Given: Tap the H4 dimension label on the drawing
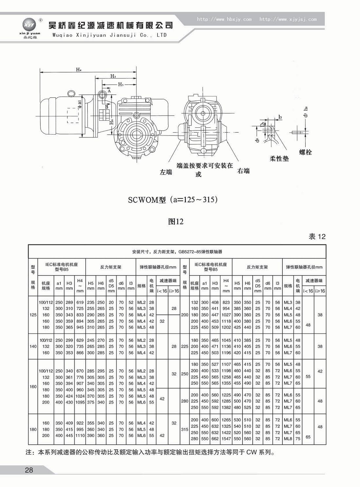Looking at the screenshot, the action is (79, 70).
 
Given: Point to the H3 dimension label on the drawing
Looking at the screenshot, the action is (113, 76).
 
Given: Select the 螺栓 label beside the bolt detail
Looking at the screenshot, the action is (305, 152).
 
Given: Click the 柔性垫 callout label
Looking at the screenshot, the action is (279, 158).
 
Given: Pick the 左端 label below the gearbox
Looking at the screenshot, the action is (166, 172).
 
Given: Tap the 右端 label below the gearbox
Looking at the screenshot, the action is (243, 171).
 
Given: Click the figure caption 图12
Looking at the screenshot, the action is (176, 222).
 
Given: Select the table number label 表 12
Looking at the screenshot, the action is (317, 237).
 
